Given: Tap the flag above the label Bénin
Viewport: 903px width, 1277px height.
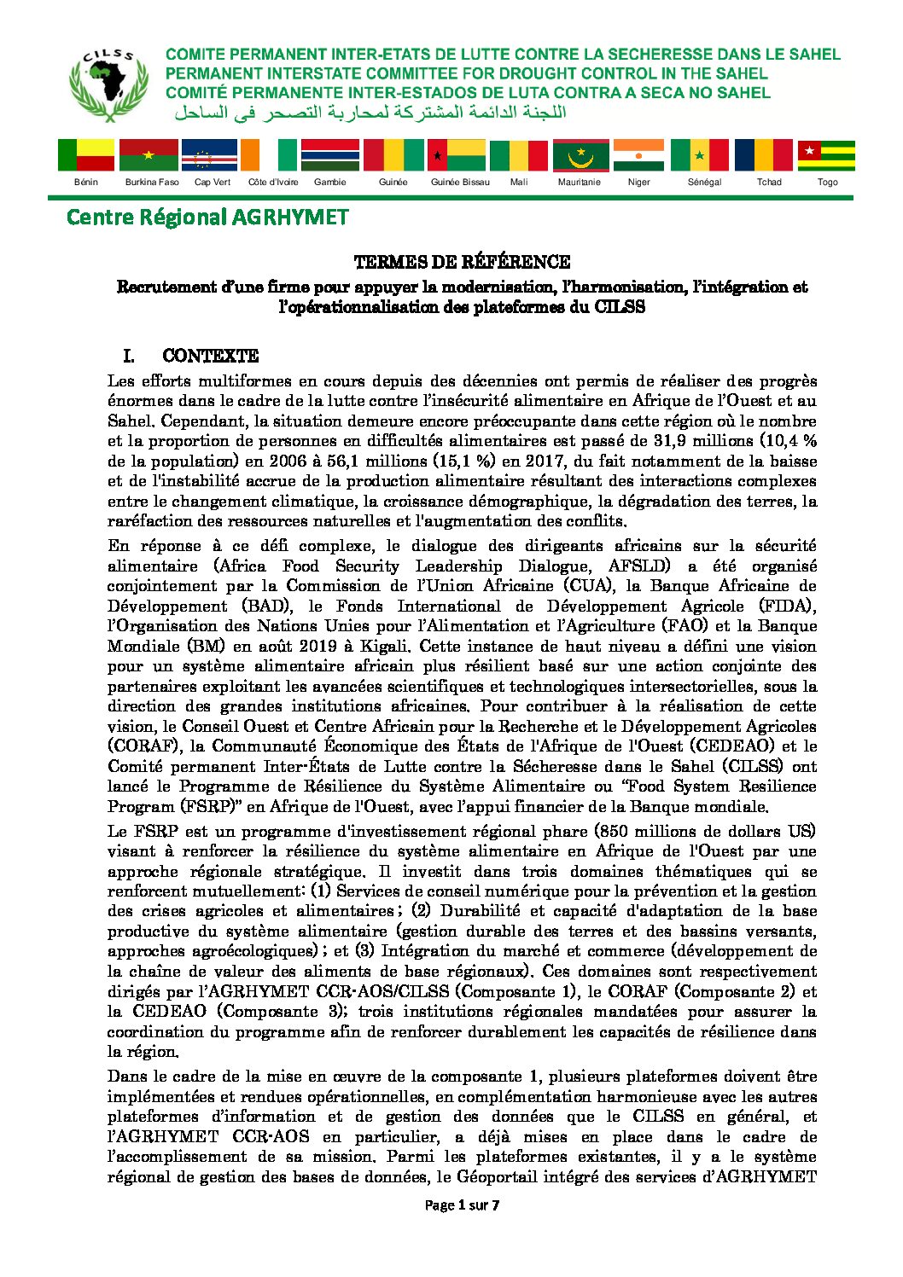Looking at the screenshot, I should click(x=86, y=155).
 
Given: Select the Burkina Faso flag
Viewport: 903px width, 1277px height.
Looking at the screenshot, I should click(x=149, y=155).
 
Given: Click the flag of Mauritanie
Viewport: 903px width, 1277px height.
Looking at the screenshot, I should click(x=581, y=155).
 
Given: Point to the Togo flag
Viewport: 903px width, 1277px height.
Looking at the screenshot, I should click(x=826, y=155).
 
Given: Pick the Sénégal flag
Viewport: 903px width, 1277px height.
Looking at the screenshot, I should click(x=700, y=155).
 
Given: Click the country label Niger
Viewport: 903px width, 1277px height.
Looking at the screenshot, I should click(x=638, y=182).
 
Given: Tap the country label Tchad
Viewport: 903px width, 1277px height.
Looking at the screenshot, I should click(x=769, y=182).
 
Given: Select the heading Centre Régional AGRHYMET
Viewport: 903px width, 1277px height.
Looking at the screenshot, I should click(x=207, y=218).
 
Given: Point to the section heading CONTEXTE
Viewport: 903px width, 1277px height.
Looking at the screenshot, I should click(x=210, y=356).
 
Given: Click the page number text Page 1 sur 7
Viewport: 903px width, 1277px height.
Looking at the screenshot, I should click(x=462, y=1205).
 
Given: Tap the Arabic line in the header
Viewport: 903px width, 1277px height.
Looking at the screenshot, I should click(x=370, y=113).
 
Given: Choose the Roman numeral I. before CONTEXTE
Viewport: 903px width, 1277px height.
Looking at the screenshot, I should click(x=129, y=356).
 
